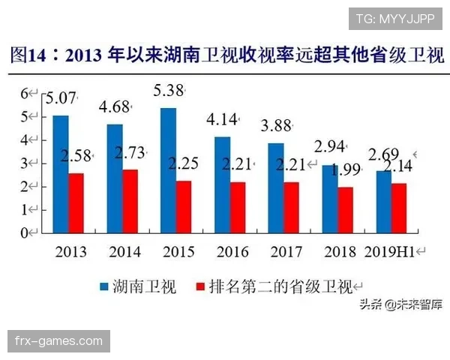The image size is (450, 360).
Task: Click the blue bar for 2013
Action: [60, 174]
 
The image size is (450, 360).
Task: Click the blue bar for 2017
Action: [276, 187]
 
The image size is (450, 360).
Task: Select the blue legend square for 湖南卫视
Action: [104, 286]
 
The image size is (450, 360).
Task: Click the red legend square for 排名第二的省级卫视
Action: [199, 286]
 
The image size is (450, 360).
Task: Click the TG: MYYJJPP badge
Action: [395, 18]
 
